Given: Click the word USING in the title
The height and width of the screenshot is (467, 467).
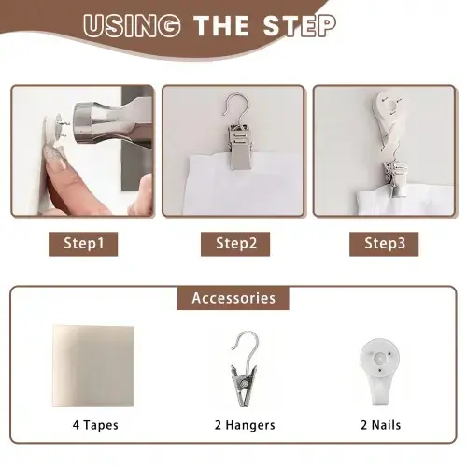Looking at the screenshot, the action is [x=132, y=25].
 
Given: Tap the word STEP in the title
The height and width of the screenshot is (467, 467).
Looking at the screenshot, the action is [x=300, y=25].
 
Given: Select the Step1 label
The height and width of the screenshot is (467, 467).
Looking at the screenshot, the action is [x=83, y=243].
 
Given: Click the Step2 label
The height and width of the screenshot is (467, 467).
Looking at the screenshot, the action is [x=236, y=243].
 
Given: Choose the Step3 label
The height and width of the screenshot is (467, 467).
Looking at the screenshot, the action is [x=385, y=243].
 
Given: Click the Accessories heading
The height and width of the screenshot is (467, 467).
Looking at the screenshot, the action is [x=233, y=298].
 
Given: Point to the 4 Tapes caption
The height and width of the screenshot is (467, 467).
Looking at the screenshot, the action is [x=95, y=425].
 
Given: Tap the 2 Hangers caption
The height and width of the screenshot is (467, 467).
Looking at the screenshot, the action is [x=245, y=425].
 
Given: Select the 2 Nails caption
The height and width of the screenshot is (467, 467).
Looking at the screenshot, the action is [x=380, y=425].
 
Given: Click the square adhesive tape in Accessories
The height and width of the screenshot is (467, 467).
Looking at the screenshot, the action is [x=93, y=366].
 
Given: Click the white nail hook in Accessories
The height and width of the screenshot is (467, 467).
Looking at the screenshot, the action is [x=379, y=372].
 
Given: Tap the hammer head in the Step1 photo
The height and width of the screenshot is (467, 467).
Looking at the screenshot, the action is [x=91, y=123].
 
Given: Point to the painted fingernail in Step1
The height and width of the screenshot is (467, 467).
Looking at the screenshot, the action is [x=55, y=157].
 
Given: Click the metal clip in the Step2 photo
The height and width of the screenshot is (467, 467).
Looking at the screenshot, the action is [x=239, y=147].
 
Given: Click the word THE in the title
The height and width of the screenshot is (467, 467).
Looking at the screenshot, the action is [x=221, y=26].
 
